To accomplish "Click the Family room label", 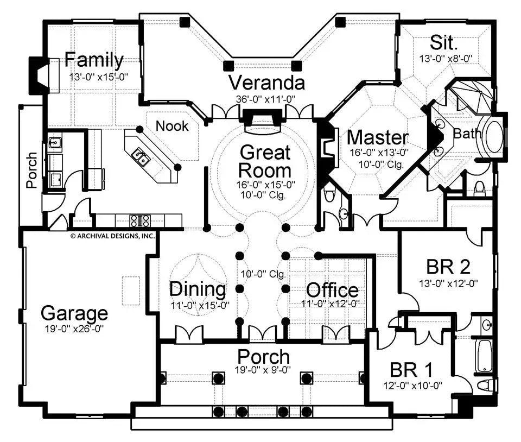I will pos(94,60).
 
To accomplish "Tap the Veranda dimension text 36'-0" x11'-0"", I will pos(266,99).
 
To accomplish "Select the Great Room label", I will pos(265,161).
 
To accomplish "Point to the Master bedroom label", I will pos(378,137).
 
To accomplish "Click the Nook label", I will pos(173,126).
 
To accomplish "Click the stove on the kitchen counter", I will pos(139,220).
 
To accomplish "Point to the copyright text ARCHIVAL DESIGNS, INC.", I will pos(112,236).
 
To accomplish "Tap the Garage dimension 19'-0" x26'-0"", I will pos(74,329).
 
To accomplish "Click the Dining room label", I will pos(197,289).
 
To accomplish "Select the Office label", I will pos(332,291).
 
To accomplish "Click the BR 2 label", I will pos(448,267).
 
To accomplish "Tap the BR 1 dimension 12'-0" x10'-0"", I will pos(412,386).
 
